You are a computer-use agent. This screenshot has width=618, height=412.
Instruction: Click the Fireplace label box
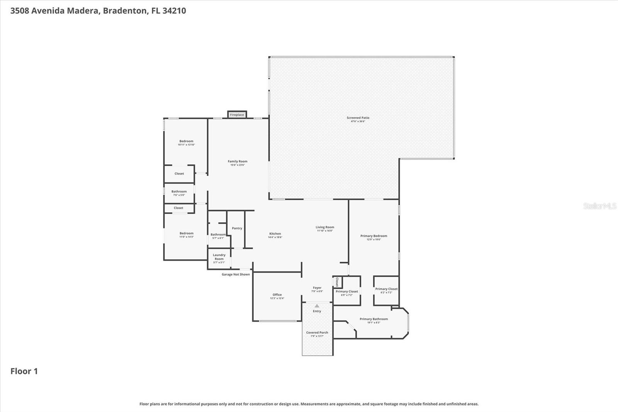(x=237, y=115)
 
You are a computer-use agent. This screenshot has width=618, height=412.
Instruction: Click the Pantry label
(x=237, y=228)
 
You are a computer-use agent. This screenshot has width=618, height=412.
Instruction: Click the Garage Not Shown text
(x=236, y=274)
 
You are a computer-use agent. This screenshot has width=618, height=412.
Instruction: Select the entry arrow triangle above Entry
(x=317, y=306)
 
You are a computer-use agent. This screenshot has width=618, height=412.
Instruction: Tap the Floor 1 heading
(x=24, y=371)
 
